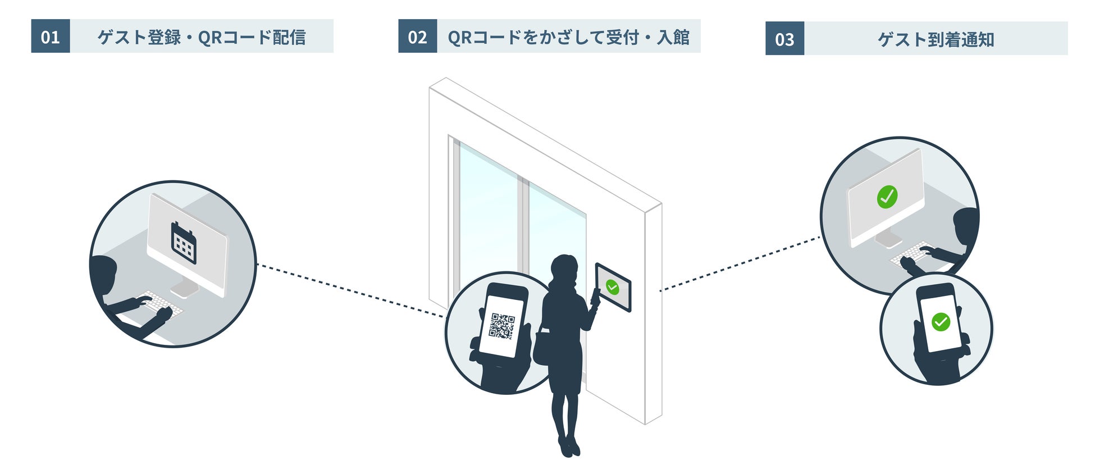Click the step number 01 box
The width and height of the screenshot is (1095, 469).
[51, 37]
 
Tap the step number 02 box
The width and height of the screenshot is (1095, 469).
[417, 37]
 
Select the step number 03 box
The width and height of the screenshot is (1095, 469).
[784, 39]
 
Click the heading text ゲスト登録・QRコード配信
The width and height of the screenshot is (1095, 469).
[202, 37]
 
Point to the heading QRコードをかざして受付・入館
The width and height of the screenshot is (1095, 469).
[568, 37]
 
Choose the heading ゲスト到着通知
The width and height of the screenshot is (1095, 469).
[936, 39]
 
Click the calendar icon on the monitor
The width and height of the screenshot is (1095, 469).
[184, 243]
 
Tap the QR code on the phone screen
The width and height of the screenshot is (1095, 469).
[501, 326]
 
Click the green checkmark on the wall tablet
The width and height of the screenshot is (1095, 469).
[613, 288]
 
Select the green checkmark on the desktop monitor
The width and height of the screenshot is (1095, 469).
[887, 197]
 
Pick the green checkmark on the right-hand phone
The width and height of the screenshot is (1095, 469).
[941, 322]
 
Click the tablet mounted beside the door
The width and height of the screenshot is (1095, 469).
[613, 287]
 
